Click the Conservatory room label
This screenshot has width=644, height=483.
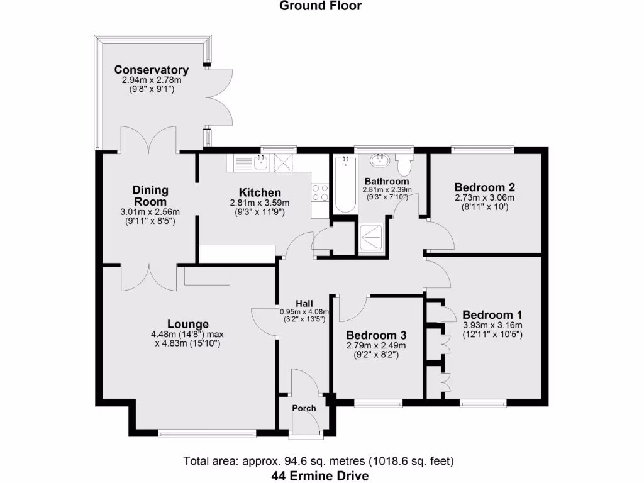[x=151, y=70]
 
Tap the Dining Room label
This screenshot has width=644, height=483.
[x=150, y=196]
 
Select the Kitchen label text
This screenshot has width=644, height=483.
[x=259, y=192]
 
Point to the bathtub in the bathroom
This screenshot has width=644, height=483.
[x=344, y=185]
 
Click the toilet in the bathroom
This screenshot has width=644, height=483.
[x=404, y=165]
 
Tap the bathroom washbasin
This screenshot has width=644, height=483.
[x=380, y=161]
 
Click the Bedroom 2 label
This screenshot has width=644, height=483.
[x=485, y=187]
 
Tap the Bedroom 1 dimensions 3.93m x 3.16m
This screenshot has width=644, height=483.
[x=492, y=325]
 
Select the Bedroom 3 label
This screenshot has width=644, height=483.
[x=376, y=335]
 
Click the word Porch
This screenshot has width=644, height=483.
[x=304, y=408]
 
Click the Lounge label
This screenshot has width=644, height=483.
[x=188, y=325]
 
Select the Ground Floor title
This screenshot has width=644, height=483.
[x=321, y=6]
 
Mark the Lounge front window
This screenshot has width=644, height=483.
[x=207, y=433]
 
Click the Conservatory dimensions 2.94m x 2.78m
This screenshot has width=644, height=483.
[x=151, y=80]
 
